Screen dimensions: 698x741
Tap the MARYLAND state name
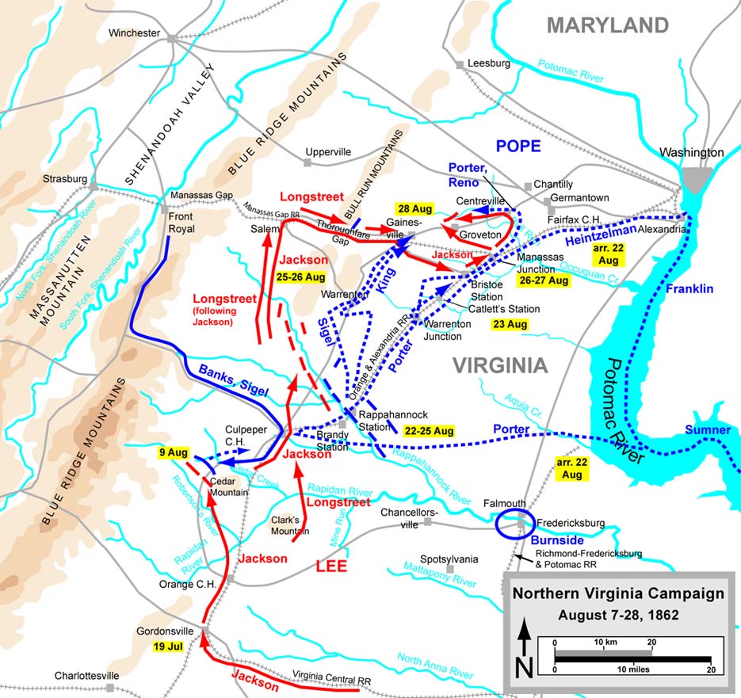point(608,25)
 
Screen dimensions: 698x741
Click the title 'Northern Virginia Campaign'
point(618,593)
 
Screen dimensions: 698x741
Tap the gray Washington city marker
point(697,179)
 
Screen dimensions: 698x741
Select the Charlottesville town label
point(86,676)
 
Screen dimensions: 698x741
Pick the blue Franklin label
point(689,289)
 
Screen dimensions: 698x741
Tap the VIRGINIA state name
point(499,365)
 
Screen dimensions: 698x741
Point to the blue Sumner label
point(708,430)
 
